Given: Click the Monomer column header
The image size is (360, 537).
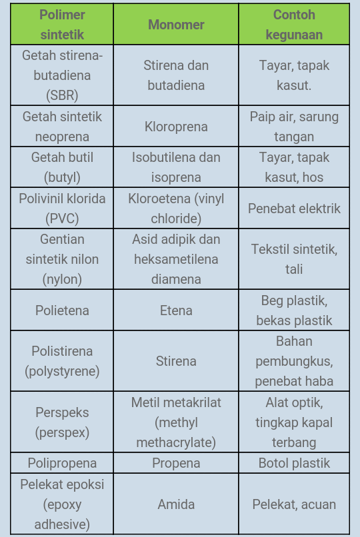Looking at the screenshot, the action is click(176, 25).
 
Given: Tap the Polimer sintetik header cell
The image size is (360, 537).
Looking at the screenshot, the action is click(62, 25).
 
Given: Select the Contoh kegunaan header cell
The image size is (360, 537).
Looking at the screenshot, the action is click(294, 25).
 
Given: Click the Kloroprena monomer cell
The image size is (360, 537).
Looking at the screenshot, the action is click(176, 127).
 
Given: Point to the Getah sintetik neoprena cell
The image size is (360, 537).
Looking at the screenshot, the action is click(62, 127).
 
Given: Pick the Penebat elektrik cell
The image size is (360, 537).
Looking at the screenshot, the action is click(294, 209).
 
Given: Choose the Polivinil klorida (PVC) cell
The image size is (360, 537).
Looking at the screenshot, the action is click(62, 209).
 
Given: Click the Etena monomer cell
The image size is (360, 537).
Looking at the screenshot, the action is click(176, 310).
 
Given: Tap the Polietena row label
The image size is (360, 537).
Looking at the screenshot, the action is click(62, 310).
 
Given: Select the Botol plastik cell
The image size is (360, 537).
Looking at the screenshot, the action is click(294, 463).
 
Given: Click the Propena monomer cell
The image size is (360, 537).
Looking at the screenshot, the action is click(176, 463).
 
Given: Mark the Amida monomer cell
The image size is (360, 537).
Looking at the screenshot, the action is click(176, 504).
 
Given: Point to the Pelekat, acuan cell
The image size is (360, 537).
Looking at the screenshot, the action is click(294, 504).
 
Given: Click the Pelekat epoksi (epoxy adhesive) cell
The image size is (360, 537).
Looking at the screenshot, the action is click(62, 504).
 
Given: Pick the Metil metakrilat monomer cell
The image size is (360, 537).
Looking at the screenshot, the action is click(176, 422).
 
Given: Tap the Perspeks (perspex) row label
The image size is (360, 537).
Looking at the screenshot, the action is click(62, 422).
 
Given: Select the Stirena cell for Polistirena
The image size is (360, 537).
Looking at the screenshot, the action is click(176, 361).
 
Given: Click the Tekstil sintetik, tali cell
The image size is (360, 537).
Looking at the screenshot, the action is click(294, 259).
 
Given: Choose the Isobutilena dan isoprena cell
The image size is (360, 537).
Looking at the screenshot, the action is click(176, 167).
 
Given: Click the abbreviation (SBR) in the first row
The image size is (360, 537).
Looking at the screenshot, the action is click(62, 95).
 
